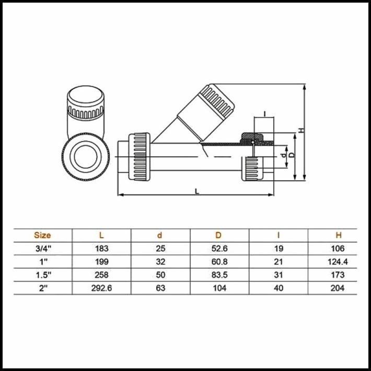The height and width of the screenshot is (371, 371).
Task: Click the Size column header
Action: [x=42, y=235]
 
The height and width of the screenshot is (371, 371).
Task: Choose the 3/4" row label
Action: [x=42, y=249]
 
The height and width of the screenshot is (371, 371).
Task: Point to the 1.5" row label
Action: [x=42, y=275]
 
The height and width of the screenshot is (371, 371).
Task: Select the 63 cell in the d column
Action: [x=160, y=288]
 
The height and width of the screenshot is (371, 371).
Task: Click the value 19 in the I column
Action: [x=279, y=249]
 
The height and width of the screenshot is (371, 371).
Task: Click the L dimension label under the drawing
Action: [x=196, y=191]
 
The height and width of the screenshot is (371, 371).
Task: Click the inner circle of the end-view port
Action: [x=86, y=157]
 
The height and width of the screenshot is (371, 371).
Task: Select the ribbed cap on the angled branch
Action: [x=217, y=101]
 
